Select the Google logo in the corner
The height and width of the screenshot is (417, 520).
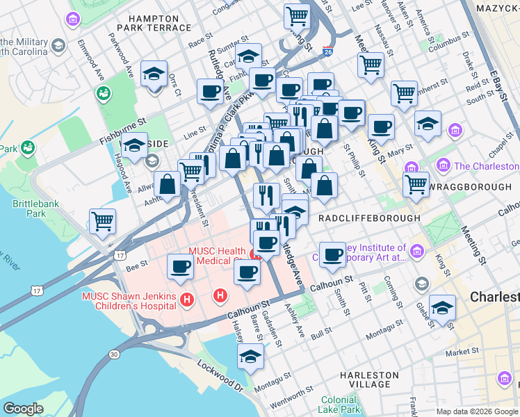24,409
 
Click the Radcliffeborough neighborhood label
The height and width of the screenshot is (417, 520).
368,218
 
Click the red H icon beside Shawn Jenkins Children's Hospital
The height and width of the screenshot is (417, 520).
186,300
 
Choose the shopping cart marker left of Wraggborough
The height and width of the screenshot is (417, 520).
416,184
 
